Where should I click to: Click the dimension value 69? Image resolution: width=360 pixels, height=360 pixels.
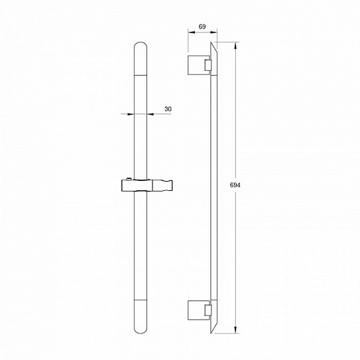click(202, 27)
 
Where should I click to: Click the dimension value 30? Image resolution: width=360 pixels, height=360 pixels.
click(168, 109)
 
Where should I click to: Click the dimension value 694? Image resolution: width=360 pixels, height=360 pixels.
click(235, 185)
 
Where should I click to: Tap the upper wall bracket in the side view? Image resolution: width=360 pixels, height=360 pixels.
click(200, 65)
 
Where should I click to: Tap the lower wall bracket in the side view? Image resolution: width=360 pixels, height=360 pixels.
click(200, 310)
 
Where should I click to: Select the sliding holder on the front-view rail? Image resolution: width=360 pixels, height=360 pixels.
click(147, 185)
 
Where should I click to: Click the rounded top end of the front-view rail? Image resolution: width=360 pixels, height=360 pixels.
click(141, 47)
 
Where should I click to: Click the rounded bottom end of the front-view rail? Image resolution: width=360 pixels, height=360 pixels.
click(141, 328)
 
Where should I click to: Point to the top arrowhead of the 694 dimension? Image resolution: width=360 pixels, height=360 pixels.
click(235, 46)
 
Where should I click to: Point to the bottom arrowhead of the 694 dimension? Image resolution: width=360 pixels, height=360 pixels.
click(235, 330)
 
